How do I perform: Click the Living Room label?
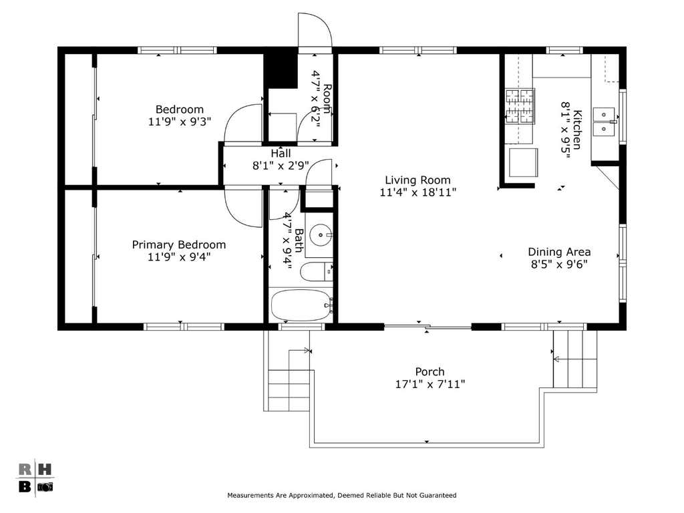(417, 180)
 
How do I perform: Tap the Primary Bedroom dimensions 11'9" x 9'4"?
(179, 256)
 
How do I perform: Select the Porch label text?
(430, 371)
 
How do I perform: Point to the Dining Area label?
(559, 252)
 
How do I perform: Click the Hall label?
(281, 153)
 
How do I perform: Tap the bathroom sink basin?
(321, 235)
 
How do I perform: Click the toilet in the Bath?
(316, 272)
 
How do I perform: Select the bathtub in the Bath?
(301, 305)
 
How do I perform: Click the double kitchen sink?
(604, 122)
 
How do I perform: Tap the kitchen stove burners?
(520, 107)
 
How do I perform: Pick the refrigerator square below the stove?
(523, 162)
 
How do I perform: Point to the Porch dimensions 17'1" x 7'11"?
(430, 384)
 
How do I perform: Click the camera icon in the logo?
(45, 486)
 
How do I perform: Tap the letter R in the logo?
(25, 470)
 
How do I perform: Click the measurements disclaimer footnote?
(341, 495)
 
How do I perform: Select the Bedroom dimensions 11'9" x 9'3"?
(180, 121)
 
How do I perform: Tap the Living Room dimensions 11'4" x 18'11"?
(418, 192)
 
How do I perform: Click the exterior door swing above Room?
(315, 28)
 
